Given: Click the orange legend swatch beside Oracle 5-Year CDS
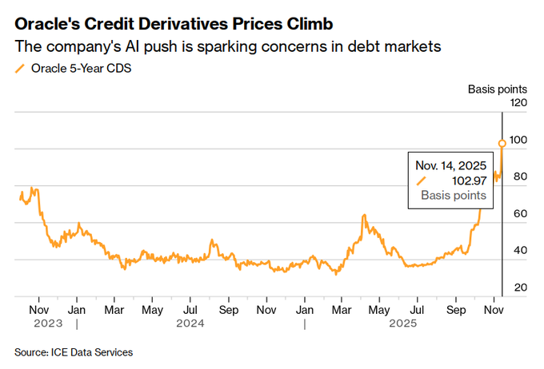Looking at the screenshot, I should pyautogui.click(x=19, y=68).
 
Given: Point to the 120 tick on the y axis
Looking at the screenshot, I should pyautogui.click(x=519, y=103).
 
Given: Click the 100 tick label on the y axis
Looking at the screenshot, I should pyautogui.click(x=519, y=140).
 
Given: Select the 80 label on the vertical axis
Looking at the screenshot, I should pyautogui.click(x=520, y=177).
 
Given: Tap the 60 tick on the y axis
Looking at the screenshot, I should pyautogui.click(x=520, y=214).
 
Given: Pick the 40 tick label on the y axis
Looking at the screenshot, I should pyautogui.click(x=520, y=251).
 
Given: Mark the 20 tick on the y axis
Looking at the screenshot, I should pyautogui.click(x=520, y=288).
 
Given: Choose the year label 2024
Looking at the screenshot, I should pyautogui.click(x=190, y=323).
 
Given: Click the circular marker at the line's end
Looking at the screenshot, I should pyautogui.click(x=502, y=144).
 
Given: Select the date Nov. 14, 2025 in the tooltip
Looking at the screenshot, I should pyautogui.click(x=450, y=165).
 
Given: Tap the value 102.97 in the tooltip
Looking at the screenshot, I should pyautogui.click(x=466, y=181).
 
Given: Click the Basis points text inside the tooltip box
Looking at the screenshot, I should pyautogui.click(x=454, y=195).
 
